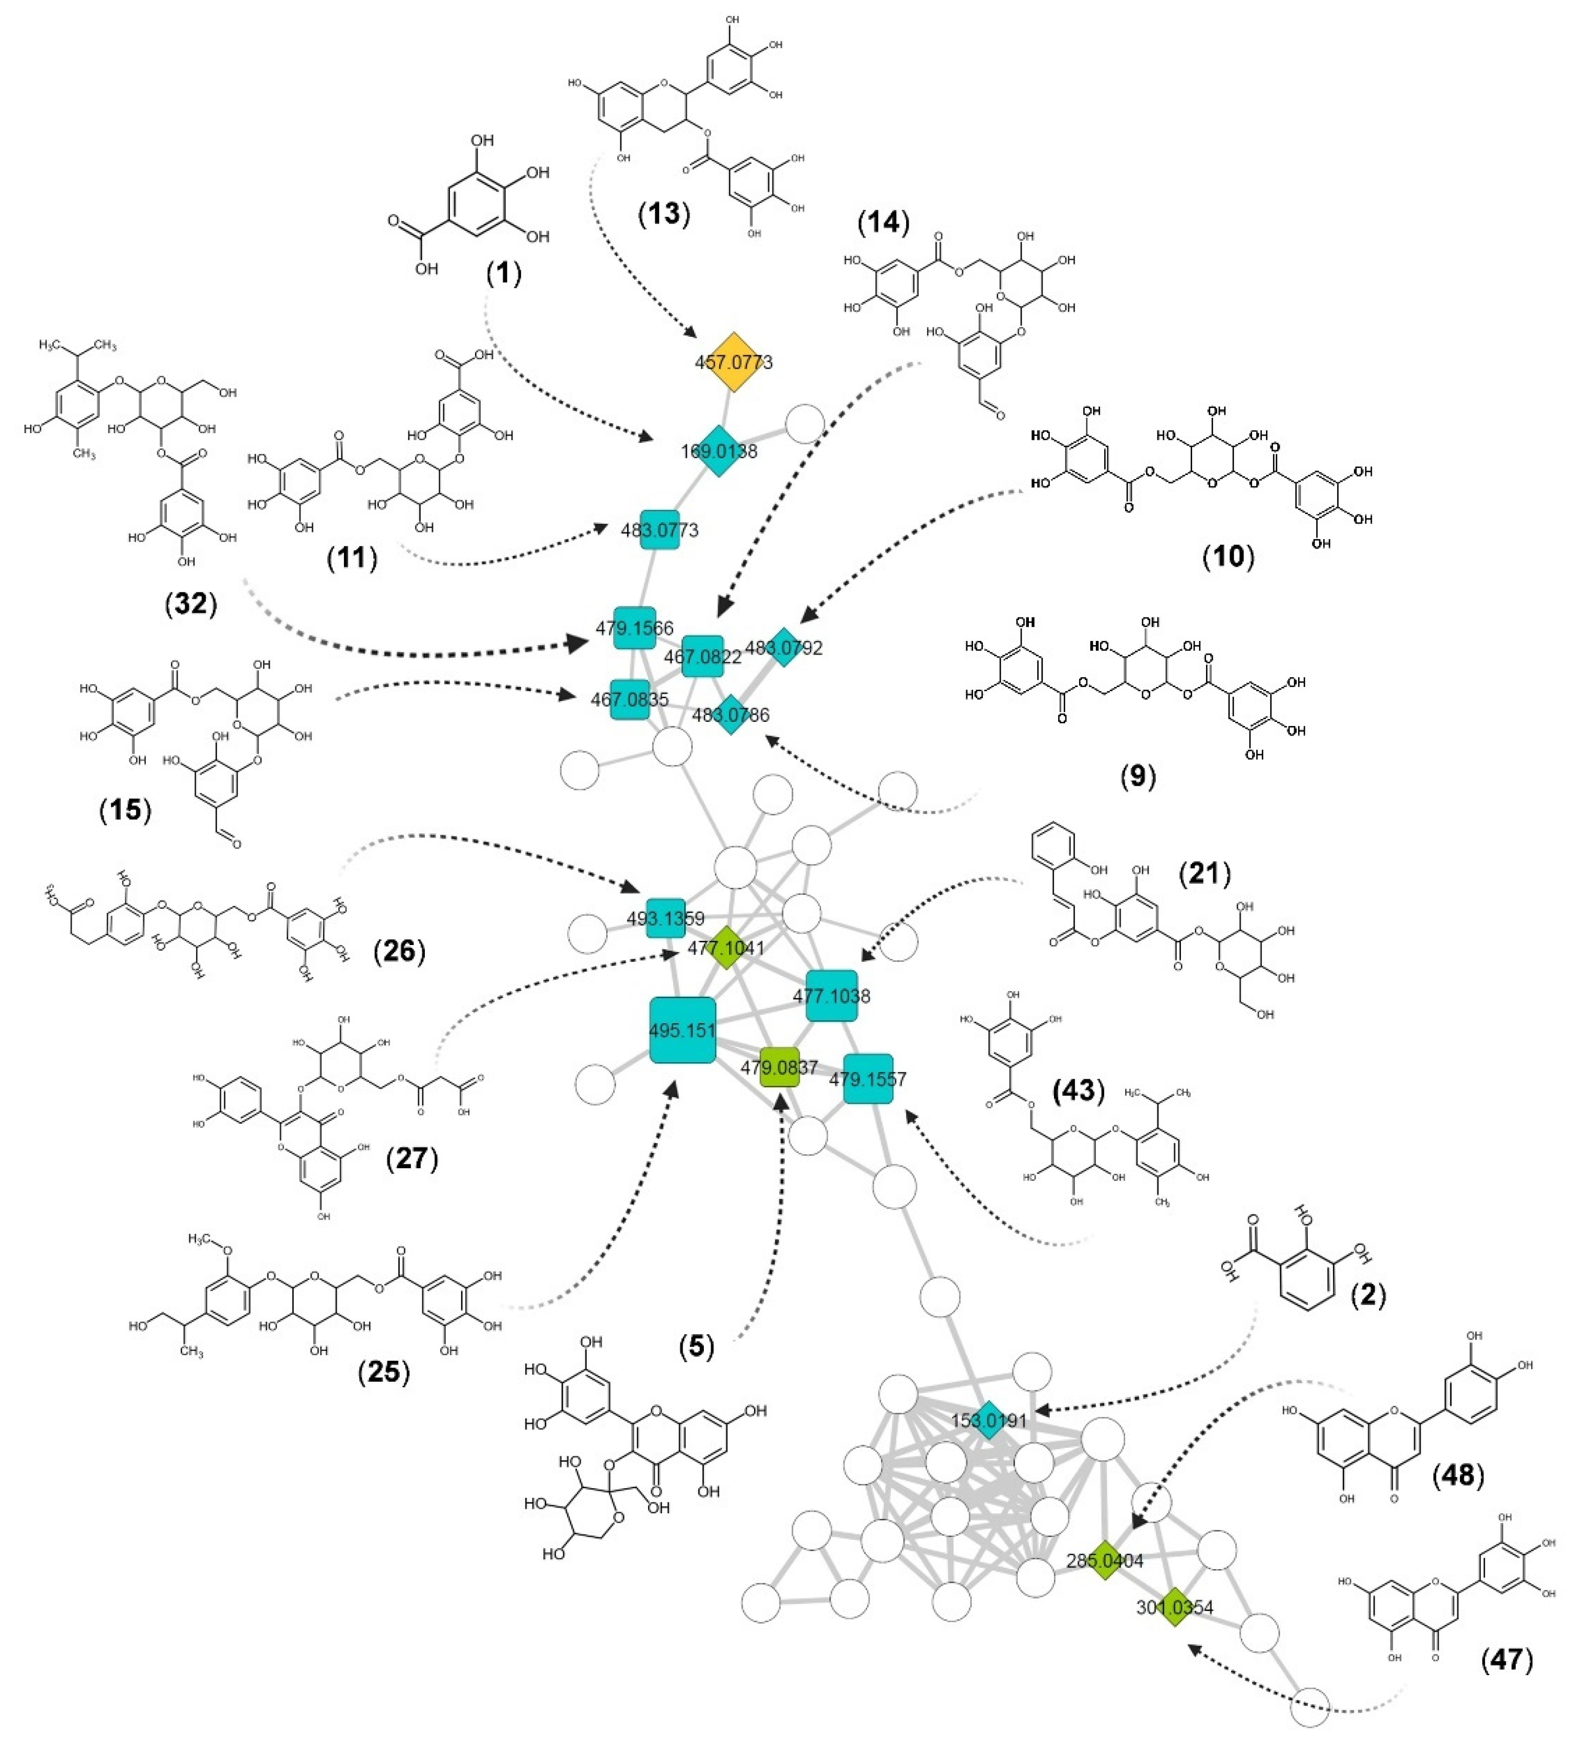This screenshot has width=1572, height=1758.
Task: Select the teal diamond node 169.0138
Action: [719, 450]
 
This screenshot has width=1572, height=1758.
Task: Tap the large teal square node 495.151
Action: [682, 1030]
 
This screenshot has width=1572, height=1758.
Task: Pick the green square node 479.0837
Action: [779, 1068]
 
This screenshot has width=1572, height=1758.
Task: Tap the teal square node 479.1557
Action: [868, 1079]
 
